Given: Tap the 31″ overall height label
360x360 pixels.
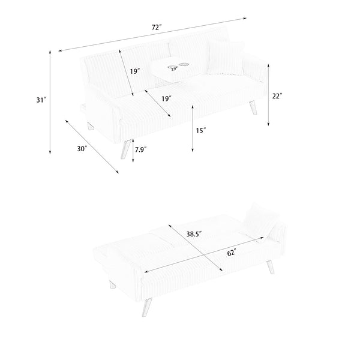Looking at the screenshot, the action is (x=41, y=100).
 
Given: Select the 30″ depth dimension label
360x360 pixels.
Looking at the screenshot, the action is (x=82, y=149).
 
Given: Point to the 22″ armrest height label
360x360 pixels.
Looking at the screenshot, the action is (x=277, y=96).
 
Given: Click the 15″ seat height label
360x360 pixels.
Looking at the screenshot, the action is (x=201, y=131).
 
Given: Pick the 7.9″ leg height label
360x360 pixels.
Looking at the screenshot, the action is (x=141, y=149).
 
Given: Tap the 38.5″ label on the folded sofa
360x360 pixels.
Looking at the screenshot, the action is (x=194, y=234).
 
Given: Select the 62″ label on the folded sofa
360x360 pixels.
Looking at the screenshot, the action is (x=232, y=253).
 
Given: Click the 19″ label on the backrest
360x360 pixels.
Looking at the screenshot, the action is (x=135, y=71).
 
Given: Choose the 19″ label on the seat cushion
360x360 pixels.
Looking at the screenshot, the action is (x=166, y=99).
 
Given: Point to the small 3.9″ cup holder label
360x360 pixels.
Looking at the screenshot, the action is (x=174, y=68).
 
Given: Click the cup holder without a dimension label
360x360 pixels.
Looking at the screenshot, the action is (x=184, y=65).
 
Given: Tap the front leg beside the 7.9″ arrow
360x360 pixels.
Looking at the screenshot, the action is (x=126, y=149).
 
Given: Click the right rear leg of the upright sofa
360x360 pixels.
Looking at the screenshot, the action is (x=253, y=108).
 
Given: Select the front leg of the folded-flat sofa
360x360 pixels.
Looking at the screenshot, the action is (x=147, y=307).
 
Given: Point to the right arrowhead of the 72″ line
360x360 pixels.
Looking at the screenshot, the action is (x=245, y=18).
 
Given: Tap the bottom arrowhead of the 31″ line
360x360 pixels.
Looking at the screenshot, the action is (x=50, y=152).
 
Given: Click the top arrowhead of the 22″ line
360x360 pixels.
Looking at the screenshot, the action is (x=268, y=65).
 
